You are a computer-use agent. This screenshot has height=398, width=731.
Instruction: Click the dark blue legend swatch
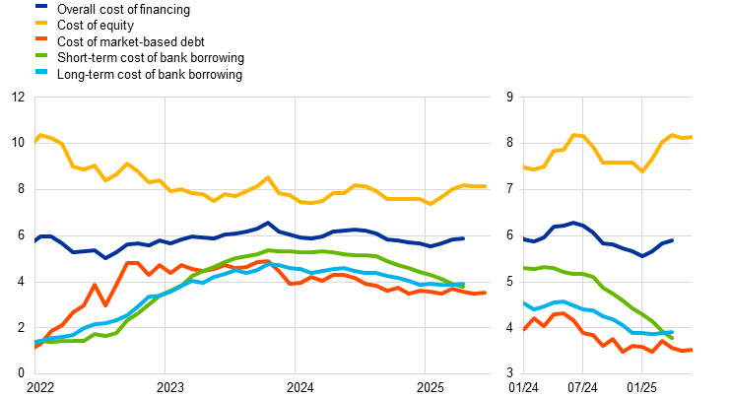click(x=41, y=5)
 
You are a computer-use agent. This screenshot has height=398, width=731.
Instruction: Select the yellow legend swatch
click(x=41, y=22)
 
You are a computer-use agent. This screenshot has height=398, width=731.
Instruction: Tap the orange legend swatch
click(x=41, y=38)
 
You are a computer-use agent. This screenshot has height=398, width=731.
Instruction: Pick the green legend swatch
click(x=41, y=55)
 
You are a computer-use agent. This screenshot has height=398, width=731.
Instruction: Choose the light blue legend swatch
click(x=41, y=72)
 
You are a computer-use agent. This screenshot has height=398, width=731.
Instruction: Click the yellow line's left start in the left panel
click(x=35, y=139)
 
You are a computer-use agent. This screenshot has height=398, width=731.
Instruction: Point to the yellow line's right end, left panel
click(x=485, y=186)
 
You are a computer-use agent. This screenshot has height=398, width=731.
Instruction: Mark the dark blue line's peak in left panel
click(x=268, y=223)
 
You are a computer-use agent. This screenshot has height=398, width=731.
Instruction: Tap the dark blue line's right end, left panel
click(x=463, y=238)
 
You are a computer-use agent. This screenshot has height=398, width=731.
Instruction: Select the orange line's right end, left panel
click(x=485, y=293)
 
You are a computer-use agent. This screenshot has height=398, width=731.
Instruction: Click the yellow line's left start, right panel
click(x=524, y=167)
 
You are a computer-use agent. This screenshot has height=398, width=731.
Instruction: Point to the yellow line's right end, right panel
click(x=691, y=137)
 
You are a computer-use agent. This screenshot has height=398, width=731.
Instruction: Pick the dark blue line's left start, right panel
click(x=524, y=238)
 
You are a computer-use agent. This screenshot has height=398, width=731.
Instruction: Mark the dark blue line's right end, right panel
click(x=672, y=240)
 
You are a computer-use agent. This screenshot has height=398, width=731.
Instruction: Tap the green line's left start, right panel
click(x=524, y=268)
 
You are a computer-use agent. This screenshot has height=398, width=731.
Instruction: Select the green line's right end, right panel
click(x=672, y=338)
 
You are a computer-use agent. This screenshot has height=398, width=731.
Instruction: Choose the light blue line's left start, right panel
click(x=524, y=303)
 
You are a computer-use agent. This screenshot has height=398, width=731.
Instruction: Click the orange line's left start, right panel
click(x=524, y=329)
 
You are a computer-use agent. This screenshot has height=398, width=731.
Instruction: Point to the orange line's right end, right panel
click(x=691, y=350)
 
